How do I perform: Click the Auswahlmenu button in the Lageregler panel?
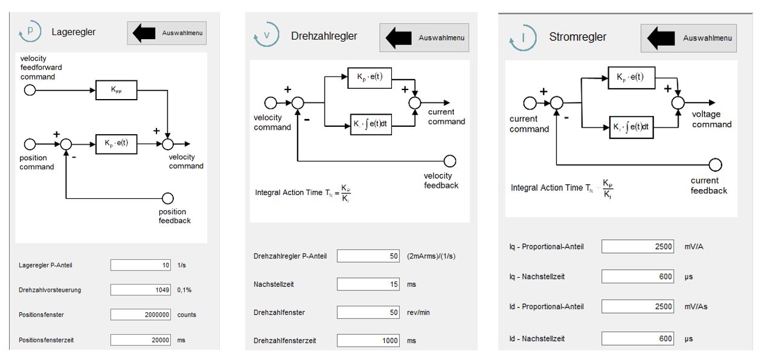click(x=167, y=33)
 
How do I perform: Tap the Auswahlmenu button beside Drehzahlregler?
click(x=424, y=37)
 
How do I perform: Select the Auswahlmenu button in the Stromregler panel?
click(x=688, y=38)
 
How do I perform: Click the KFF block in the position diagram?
click(x=116, y=90)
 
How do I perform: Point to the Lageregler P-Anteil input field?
click(x=141, y=265)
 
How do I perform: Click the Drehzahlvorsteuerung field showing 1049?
click(x=141, y=290)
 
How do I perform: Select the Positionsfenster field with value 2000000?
click(x=141, y=315)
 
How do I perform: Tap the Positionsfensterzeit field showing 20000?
click(x=141, y=340)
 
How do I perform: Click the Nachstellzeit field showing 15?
click(x=368, y=284)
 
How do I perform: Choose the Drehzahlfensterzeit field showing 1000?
click(x=368, y=341)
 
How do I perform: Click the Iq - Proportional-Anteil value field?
click(x=638, y=246)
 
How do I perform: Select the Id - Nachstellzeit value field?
click(x=638, y=339)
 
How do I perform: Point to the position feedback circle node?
click(x=168, y=198)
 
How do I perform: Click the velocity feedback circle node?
click(x=450, y=161)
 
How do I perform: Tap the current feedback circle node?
click(x=715, y=165)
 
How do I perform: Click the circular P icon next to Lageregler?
click(x=30, y=31)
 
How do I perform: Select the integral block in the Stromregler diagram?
click(x=631, y=127)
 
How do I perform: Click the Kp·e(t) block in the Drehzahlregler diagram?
click(x=370, y=78)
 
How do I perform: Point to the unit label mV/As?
click(x=696, y=306)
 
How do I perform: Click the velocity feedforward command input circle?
click(x=30, y=91)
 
